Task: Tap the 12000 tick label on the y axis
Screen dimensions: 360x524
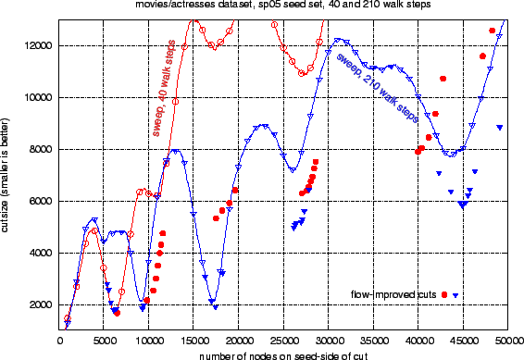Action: (x=40, y=45)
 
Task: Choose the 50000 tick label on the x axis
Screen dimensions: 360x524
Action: (x=508, y=341)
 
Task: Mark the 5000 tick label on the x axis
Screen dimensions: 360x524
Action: (x=104, y=341)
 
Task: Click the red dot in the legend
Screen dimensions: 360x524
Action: (x=444, y=294)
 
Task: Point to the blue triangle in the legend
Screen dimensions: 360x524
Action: (x=455, y=294)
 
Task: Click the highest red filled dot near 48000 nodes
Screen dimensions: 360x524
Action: (x=492, y=31)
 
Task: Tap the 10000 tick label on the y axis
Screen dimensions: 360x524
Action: (x=40, y=97)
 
